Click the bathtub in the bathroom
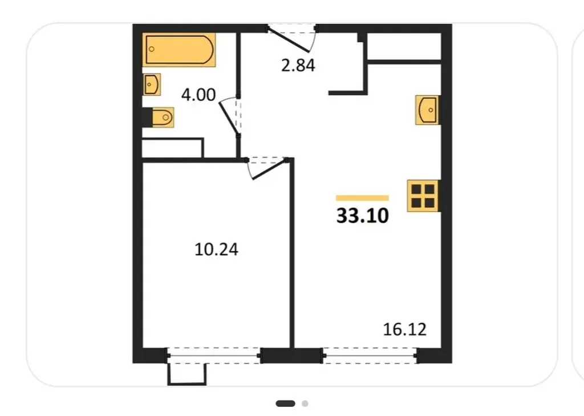tap(179, 50)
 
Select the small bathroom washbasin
tap(152, 84)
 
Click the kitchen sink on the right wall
tap(427, 110)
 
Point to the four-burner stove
tap(423, 195)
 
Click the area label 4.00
tap(198, 95)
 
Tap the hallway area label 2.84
tap(298, 66)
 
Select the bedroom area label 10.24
tap(216, 249)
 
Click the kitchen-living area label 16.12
tap(404, 329)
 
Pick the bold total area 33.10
tap(362, 215)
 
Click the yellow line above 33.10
tap(362, 198)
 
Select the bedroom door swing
tap(267, 169)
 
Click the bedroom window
tap(214, 356)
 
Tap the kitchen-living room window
tap(370, 356)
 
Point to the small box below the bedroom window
tap(186, 374)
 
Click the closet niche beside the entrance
tap(404, 47)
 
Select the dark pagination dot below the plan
tap(285, 403)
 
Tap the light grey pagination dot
tap(305, 403)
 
